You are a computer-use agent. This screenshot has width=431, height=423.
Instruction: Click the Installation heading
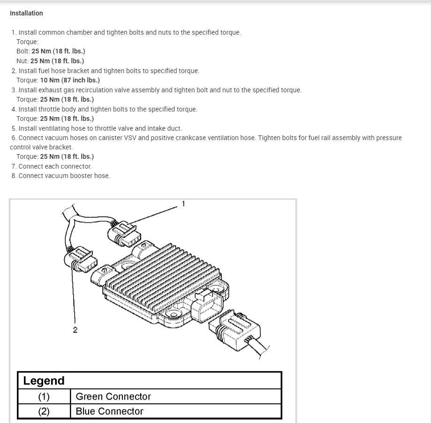click(x=26, y=13)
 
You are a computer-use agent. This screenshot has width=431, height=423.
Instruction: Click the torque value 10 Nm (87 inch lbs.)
click(x=70, y=80)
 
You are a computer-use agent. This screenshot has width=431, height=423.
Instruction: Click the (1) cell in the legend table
click(x=44, y=397)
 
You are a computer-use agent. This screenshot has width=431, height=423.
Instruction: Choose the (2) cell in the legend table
click(x=44, y=411)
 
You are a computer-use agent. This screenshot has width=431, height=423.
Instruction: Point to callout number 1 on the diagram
click(x=183, y=204)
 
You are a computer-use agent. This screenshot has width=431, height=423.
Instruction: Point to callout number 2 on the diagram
click(x=75, y=330)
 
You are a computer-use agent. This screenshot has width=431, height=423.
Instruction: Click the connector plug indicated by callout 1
click(x=125, y=233)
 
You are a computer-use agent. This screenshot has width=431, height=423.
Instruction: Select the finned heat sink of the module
click(x=159, y=276)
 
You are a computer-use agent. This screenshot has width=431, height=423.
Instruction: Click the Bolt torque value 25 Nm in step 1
click(x=58, y=52)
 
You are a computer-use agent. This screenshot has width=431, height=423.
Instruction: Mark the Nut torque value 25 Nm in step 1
click(x=57, y=61)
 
